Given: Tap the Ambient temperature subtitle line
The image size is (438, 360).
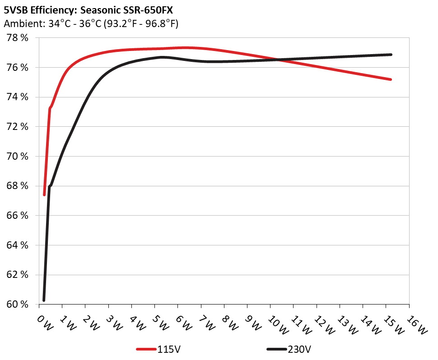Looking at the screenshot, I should coord(91,23).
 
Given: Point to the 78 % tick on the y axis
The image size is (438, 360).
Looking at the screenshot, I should coord(18,38).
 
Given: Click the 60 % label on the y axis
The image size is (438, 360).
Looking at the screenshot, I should coord(18,305).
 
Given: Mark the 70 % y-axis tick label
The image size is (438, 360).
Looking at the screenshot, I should coord(18,157).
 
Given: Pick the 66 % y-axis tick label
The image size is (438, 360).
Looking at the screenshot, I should coord(18,216).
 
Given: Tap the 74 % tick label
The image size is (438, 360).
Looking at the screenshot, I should coord(18,97).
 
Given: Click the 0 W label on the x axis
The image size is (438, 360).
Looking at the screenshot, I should coord(44,322).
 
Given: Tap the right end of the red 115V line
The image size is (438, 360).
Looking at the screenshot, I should coord(391,79).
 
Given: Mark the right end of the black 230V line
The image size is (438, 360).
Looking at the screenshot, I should coord(391,55).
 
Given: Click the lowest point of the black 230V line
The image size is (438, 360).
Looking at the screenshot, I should coord(44,300).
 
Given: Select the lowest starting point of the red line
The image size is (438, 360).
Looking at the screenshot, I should coord(44,195).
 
